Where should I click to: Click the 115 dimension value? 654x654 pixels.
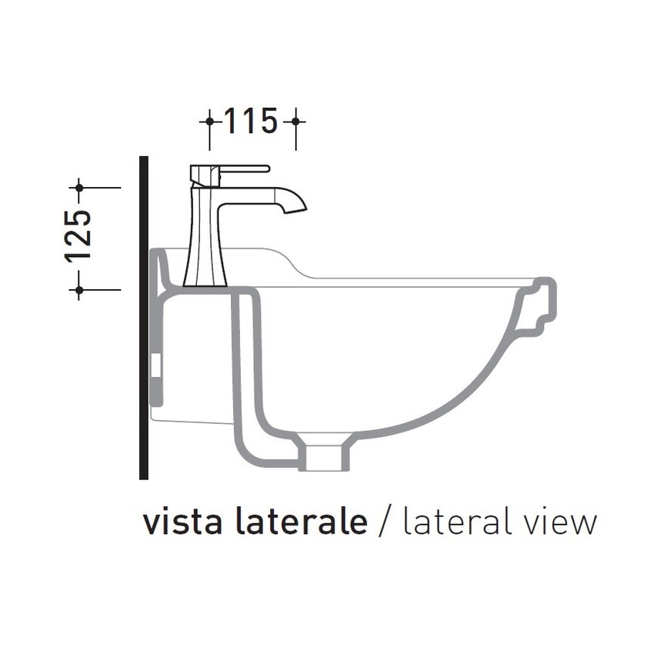pos(250,121)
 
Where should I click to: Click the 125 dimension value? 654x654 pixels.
pos(79,235)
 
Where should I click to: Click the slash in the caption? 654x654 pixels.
pos(385,522)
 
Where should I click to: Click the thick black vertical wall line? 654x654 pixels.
pos(143,323)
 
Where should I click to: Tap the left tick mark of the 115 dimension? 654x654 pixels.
pos(209,122)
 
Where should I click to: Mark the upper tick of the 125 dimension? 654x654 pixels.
pos(79,187)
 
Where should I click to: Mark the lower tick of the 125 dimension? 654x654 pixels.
pos(79,289)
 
